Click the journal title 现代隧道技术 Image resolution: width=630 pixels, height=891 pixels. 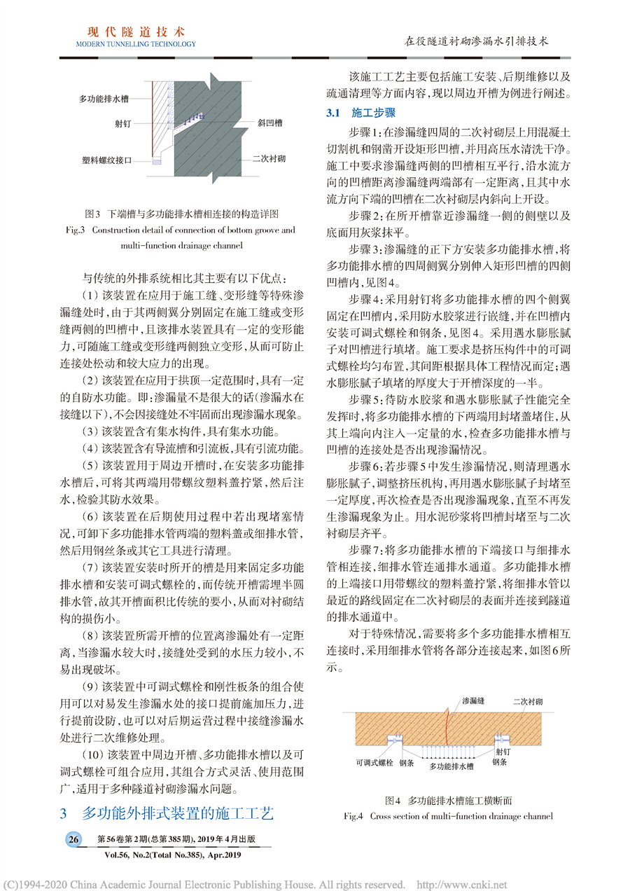coord(136,32)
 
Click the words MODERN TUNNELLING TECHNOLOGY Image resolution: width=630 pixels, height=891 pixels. coord(136,44)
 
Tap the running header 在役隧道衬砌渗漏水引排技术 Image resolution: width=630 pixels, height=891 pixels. coord(477,41)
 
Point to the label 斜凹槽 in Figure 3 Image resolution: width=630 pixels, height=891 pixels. coord(269,123)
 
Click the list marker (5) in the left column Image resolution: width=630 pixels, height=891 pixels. coord(92,465)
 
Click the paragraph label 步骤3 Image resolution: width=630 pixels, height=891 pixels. coord(365,249)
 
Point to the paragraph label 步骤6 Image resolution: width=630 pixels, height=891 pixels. coord(365,465)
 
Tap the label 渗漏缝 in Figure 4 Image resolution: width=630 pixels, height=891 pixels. coord(475,700)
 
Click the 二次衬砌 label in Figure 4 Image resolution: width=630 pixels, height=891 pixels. coord(528,700)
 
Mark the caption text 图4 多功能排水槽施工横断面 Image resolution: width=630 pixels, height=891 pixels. coord(450,799)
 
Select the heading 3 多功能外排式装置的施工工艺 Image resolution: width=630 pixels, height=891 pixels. coord(166,813)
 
